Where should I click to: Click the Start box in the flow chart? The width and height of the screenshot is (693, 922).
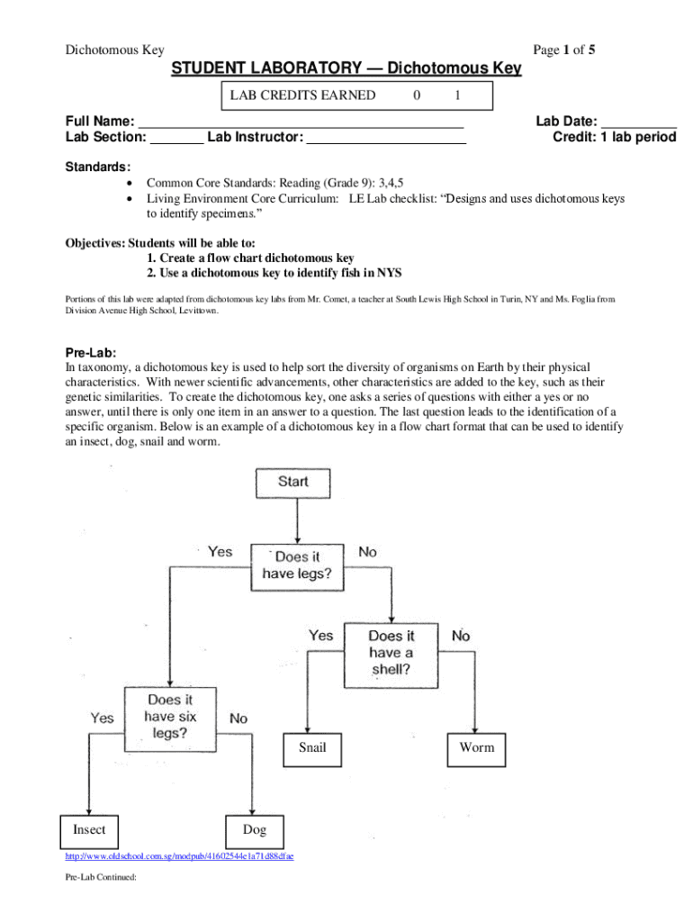tap(293, 483)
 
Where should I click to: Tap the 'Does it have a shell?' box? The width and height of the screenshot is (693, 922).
tap(391, 653)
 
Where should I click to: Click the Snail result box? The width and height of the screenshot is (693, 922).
tap(312, 747)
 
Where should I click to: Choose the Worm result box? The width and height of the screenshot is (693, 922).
tap(476, 747)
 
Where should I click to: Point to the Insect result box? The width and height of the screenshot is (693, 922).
tap(88, 830)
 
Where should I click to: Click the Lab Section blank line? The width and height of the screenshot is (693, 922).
tap(175, 140)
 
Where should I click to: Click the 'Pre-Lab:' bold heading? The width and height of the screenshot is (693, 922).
tap(90, 353)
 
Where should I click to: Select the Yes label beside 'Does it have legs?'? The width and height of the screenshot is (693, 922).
tap(220, 552)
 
